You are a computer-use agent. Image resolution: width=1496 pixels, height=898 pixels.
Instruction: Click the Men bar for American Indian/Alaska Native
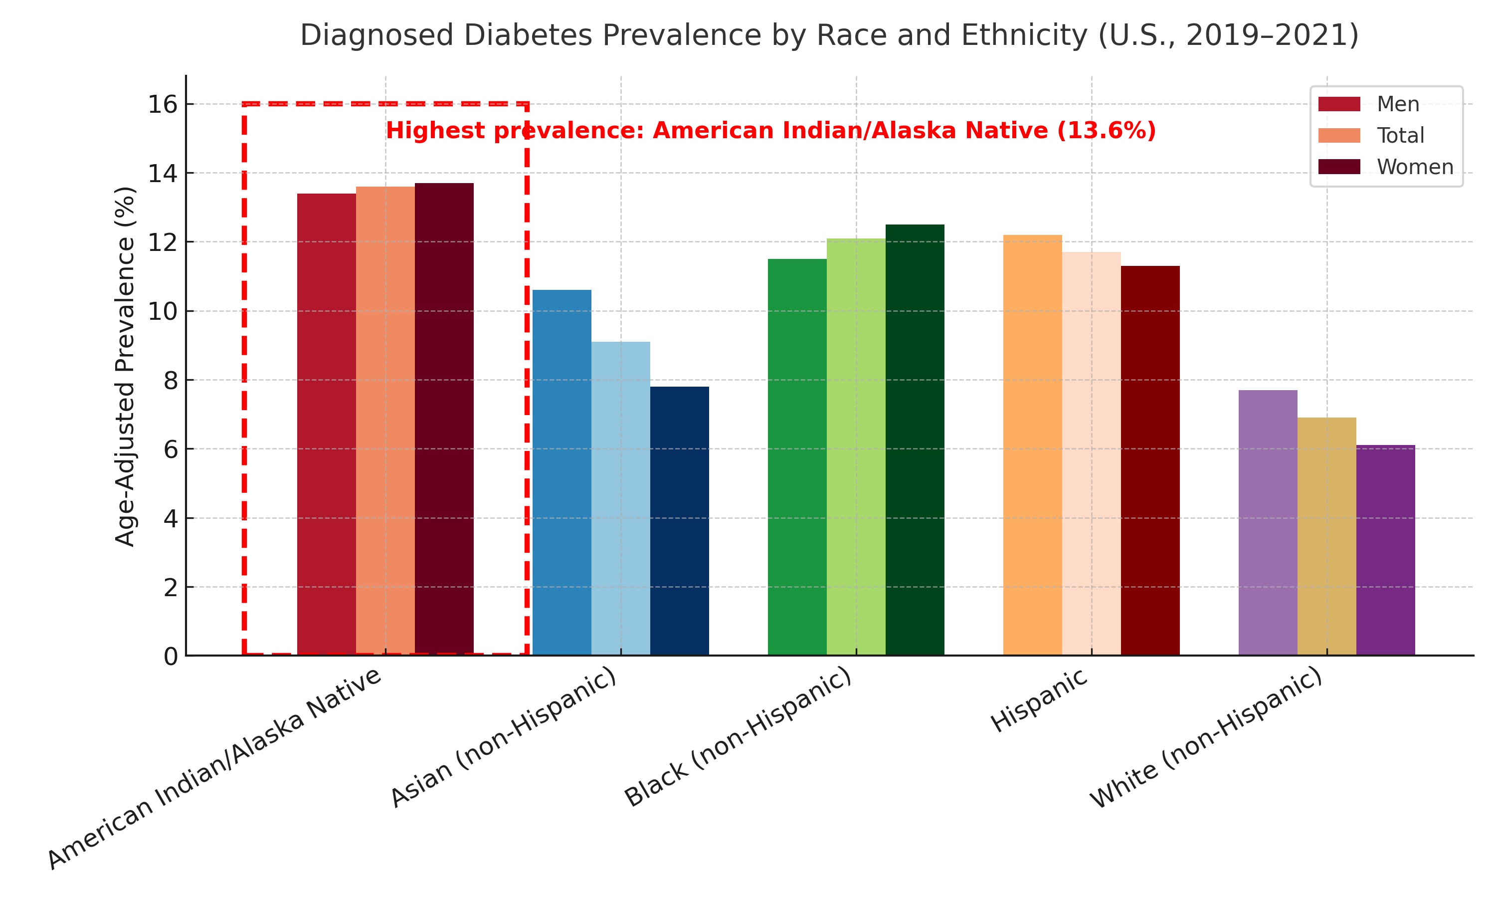[326, 424]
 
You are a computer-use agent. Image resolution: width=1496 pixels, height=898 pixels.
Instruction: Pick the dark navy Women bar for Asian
[679, 520]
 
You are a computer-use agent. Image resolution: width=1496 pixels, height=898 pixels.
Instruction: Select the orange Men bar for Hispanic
[1032, 445]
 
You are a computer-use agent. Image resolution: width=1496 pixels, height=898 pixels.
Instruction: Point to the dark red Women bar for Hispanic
[1149, 460]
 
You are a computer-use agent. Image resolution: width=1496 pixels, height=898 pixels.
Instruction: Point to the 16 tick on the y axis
[163, 105]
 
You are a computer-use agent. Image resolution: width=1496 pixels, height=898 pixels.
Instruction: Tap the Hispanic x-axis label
[1039, 701]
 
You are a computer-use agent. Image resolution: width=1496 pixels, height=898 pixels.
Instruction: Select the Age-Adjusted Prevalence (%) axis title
[125, 366]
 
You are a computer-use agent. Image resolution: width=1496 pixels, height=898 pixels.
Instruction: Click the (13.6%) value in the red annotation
[1106, 131]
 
